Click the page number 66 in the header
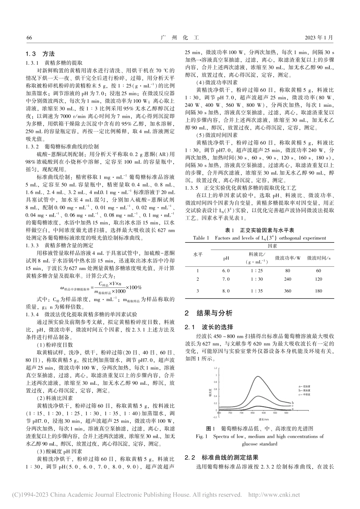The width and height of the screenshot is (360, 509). tap(29, 38)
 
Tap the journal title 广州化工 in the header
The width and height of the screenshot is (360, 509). tap(180, 38)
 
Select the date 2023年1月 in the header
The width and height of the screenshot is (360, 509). tap(319, 38)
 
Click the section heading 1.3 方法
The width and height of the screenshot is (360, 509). tap(40, 54)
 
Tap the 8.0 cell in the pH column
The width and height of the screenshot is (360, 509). tap(226, 291)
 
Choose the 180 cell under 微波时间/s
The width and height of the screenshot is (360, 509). tap(318, 291)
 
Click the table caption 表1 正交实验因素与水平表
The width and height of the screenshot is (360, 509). tap(260, 230)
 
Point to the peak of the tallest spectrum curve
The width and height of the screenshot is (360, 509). tap(258, 376)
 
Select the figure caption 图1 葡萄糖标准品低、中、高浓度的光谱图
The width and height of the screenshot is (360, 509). tap(260, 429)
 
